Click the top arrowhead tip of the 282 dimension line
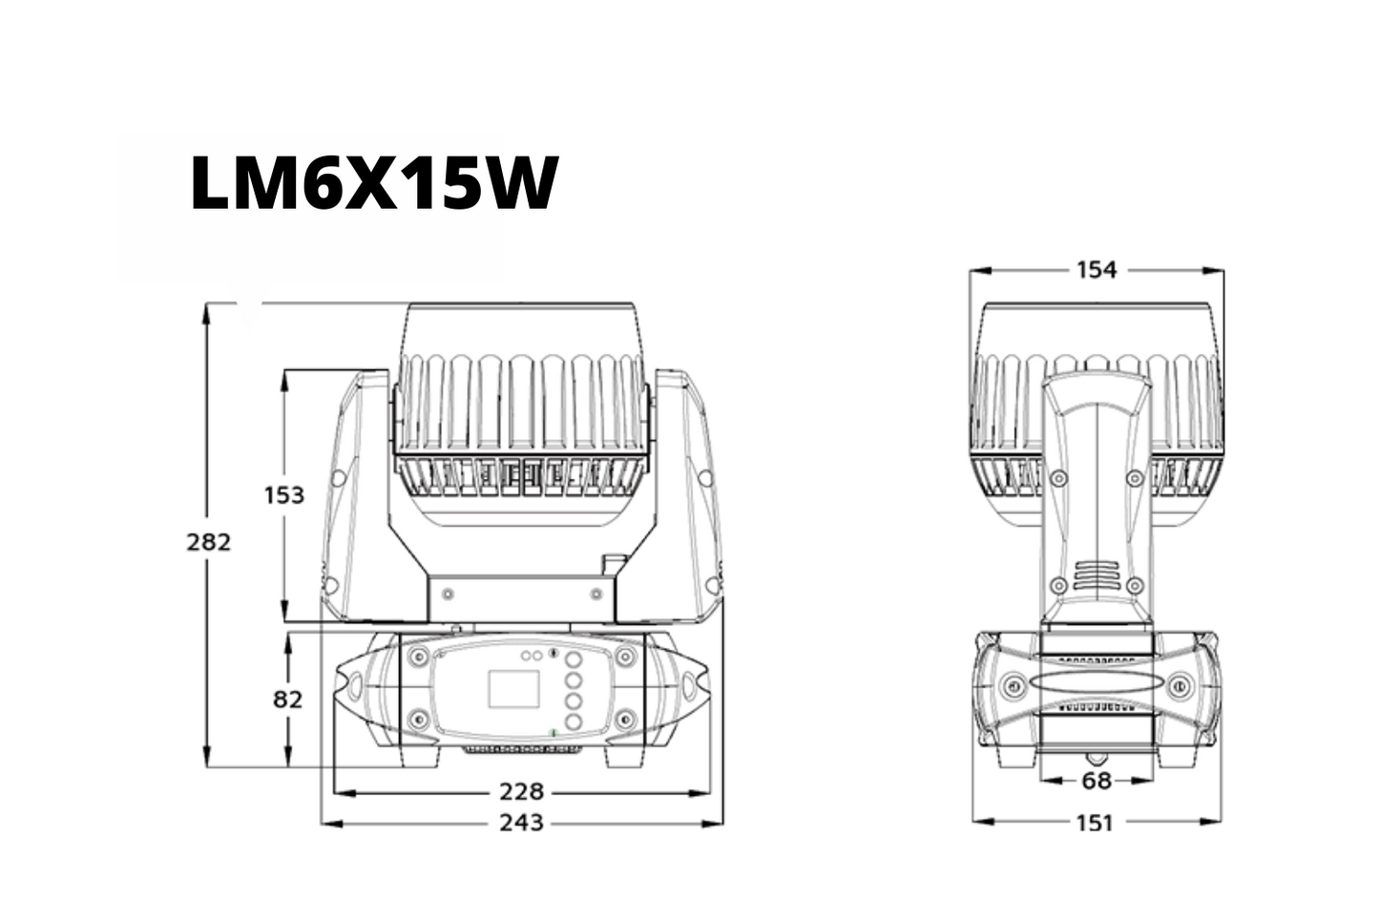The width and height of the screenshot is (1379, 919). click(x=207, y=303)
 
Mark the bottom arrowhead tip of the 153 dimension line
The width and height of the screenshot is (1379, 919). click(x=284, y=621)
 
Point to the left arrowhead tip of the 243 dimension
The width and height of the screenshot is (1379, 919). click(x=322, y=823)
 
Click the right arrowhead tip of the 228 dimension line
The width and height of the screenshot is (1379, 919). click(x=712, y=793)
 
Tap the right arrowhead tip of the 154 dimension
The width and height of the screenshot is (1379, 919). click(x=1223, y=270)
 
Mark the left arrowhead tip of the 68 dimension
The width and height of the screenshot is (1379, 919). click(x=1040, y=781)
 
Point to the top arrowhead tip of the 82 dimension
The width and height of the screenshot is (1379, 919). click(x=287, y=634)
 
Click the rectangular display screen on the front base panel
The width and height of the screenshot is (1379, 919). click(x=514, y=689)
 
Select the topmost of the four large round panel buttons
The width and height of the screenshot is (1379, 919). click(x=574, y=659)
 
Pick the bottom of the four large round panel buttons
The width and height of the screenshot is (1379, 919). click(x=574, y=722)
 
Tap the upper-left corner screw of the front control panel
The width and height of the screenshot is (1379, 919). click(x=419, y=657)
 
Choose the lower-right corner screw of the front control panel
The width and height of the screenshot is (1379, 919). click(x=625, y=718)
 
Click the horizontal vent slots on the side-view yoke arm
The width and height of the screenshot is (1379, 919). click(x=1096, y=575)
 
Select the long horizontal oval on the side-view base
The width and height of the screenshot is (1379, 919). click(x=1097, y=684)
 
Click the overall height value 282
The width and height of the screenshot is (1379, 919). click(x=209, y=542)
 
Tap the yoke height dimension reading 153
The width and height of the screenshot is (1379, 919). click(x=284, y=495)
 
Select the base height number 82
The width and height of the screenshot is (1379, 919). click(x=287, y=700)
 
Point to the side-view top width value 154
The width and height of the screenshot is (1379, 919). click(x=1097, y=270)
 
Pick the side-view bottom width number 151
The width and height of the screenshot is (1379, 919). click(x=1096, y=823)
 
